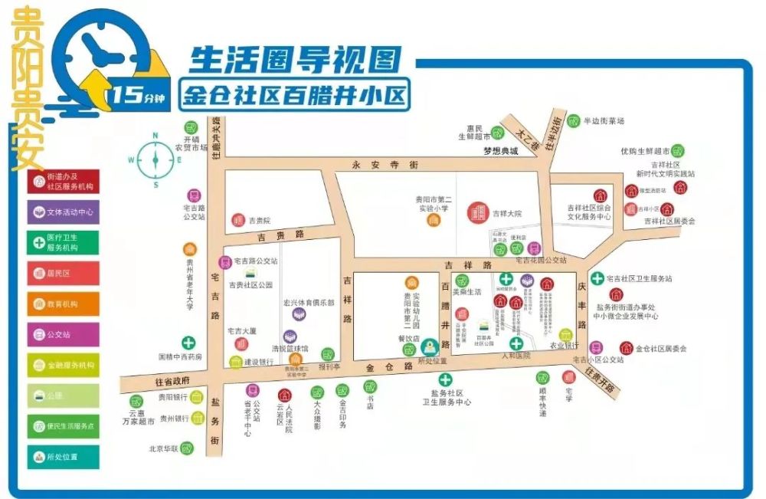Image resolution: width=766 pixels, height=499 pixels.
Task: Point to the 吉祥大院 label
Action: click(x=506, y=213)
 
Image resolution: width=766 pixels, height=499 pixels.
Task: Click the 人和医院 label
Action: click(x=516, y=356)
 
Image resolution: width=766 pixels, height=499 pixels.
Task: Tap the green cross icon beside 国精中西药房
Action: click(x=188, y=343)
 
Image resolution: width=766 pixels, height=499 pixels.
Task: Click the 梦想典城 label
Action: click(x=500, y=151)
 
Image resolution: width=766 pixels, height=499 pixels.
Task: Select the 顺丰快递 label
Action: click(x=542, y=402)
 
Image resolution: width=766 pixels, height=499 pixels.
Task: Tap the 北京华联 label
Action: click(x=164, y=448)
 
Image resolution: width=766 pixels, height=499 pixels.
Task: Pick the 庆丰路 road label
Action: click(x=581, y=307)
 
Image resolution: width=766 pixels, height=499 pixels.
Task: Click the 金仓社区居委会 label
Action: click(x=660, y=349)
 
